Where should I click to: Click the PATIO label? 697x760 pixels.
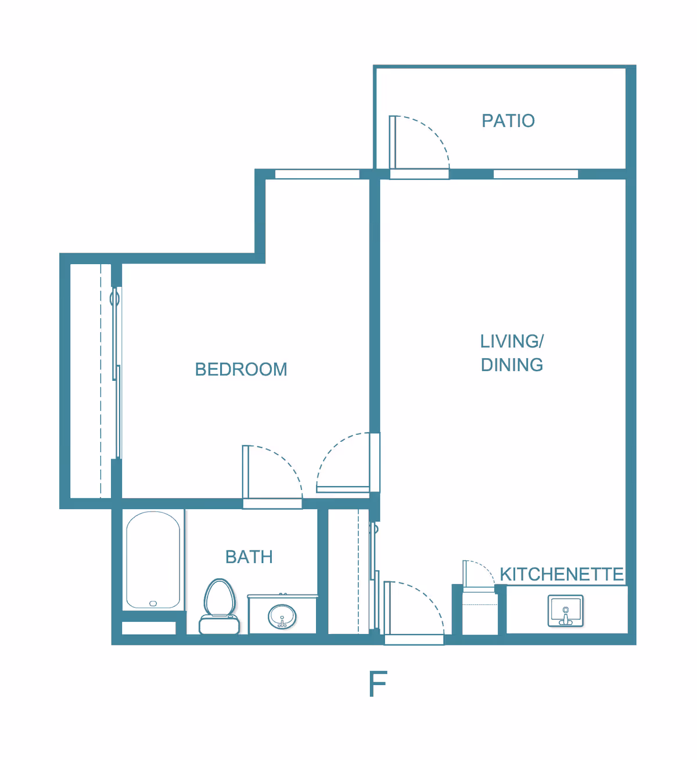click(508, 121)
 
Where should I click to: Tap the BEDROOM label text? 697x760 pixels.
click(241, 369)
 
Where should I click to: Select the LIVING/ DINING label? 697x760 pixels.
click(512, 353)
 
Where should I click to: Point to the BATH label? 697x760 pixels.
click(249, 557)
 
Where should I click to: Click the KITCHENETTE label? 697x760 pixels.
click(562, 574)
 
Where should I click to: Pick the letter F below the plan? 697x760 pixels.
click(378, 685)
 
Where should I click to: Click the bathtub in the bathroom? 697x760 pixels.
click(153, 560)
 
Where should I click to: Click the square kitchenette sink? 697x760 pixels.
click(565, 611)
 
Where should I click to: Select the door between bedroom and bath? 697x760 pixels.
click(272, 473)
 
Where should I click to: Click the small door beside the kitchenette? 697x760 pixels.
click(477, 575)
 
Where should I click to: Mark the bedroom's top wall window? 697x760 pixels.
click(317, 174)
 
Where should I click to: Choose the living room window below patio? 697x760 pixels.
click(536, 174)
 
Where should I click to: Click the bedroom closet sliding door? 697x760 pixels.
click(117, 372)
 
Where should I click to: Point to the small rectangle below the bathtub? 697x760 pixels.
click(149, 628)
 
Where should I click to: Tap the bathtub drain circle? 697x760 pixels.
click(153, 604)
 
